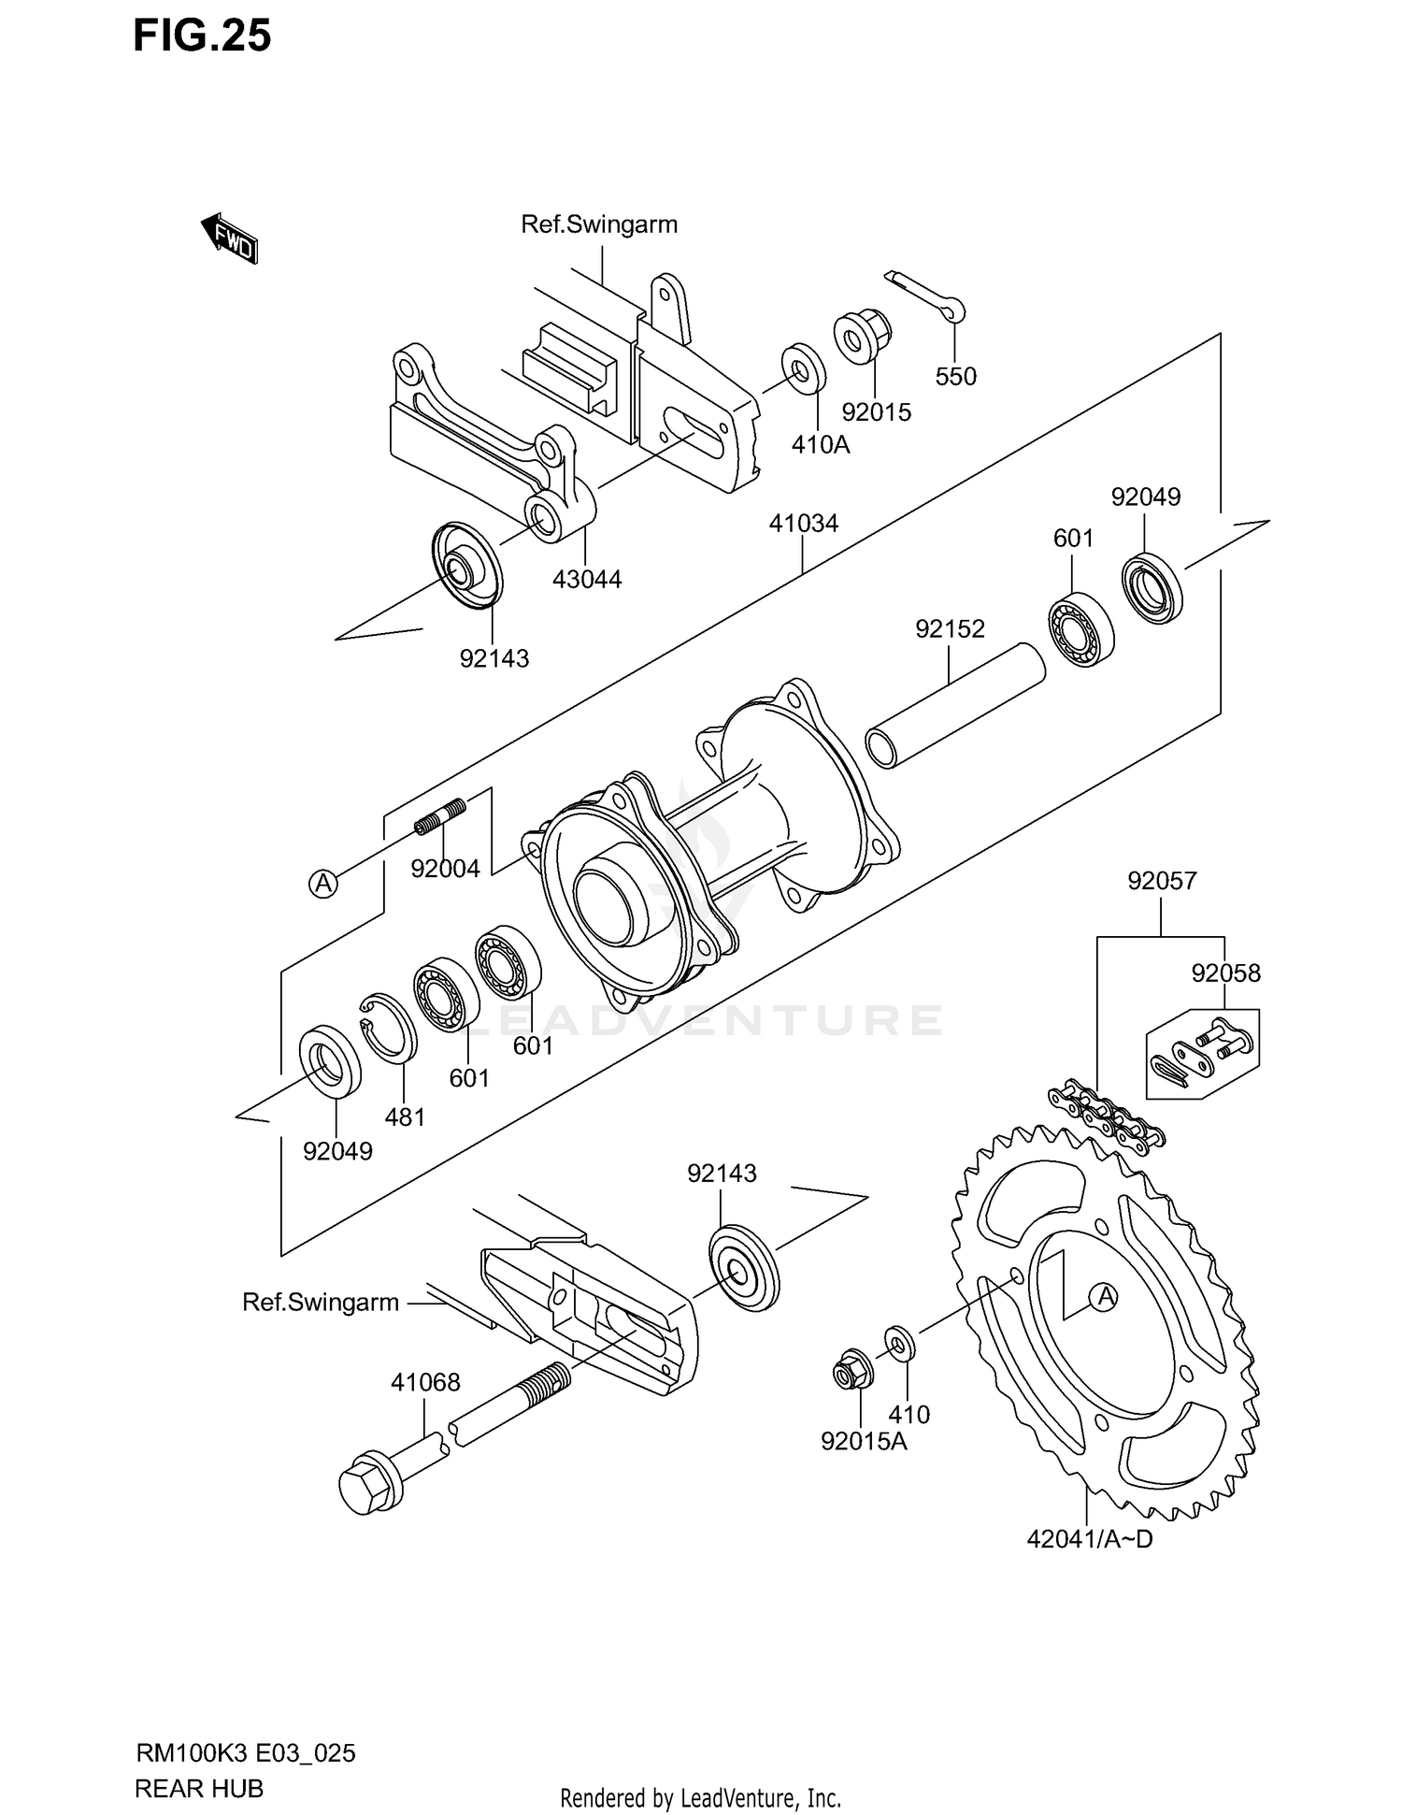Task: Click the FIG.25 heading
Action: (x=202, y=36)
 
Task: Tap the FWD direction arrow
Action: (x=229, y=238)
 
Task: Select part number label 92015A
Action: (x=864, y=1441)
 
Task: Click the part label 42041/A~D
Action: (x=1089, y=1538)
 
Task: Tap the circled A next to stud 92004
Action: (x=323, y=883)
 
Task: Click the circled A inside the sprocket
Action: (x=1105, y=1297)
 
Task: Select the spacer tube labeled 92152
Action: (x=953, y=707)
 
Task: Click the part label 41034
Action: (x=803, y=524)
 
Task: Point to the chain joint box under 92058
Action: (x=1202, y=1053)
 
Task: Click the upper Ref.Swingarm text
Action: (x=599, y=224)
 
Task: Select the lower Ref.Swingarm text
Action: (x=321, y=1302)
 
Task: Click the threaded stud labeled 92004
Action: (x=440, y=815)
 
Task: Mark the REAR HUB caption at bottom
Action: (x=199, y=1788)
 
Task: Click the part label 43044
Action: (x=586, y=579)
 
